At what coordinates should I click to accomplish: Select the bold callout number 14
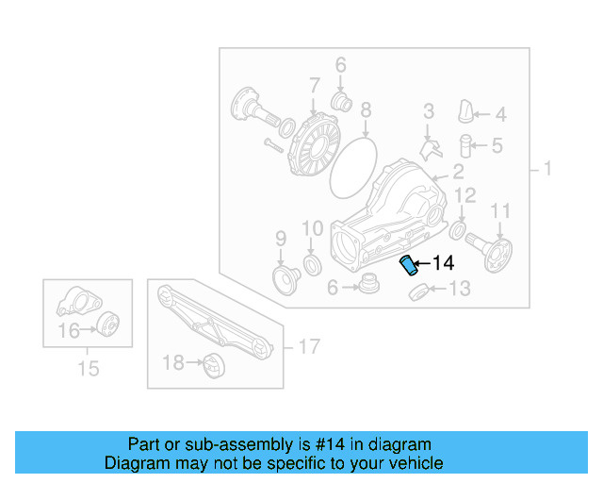443,263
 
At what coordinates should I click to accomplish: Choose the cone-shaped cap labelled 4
464,111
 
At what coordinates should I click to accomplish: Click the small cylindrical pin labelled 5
464,145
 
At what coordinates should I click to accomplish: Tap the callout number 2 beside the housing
458,172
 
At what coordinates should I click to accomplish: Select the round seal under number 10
311,260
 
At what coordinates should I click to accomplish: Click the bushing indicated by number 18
212,362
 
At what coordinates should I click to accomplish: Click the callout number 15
88,369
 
